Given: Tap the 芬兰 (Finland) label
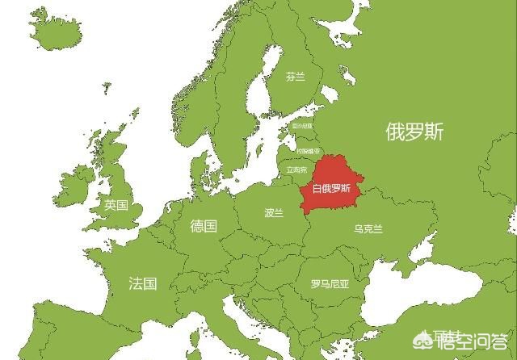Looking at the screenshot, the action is (x=296, y=77).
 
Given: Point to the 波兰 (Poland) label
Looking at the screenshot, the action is (x=274, y=214).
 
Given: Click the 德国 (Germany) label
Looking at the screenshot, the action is (x=204, y=226).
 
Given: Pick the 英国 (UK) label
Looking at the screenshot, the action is (x=116, y=206).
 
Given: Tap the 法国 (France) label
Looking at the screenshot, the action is (x=142, y=283).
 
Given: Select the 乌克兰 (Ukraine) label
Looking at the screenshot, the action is (x=368, y=229).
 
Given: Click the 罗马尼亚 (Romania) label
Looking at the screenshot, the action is (x=330, y=284).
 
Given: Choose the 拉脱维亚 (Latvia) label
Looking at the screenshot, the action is (x=307, y=151).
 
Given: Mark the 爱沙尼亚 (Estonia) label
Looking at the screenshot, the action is (x=302, y=127).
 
